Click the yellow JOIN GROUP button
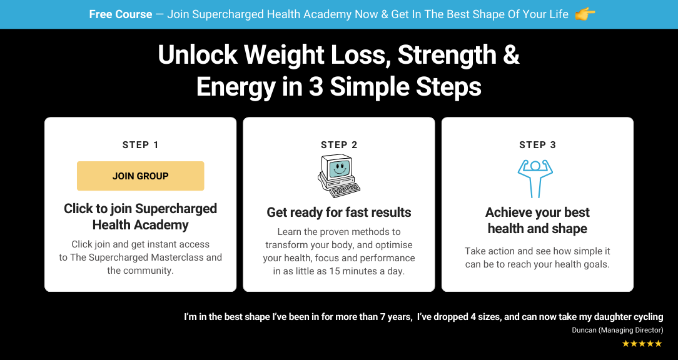[x=141, y=176]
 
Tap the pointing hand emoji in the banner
[x=585, y=14]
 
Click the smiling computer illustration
[x=339, y=176]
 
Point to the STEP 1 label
[x=141, y=145]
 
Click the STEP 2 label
[x=339, y=145]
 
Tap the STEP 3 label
[x=537, y=145]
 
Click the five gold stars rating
[x=642, y=344]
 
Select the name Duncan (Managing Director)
[x=617, y=330]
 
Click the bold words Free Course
[x=121, y=14]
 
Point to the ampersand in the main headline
[x=511, y=55]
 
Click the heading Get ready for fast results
[x=339, y=212]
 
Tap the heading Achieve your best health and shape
[x=537, y=221]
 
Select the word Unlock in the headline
[x=198, y=55]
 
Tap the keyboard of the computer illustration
[x=345, y=190]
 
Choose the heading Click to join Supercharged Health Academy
[x=141, y=216]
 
